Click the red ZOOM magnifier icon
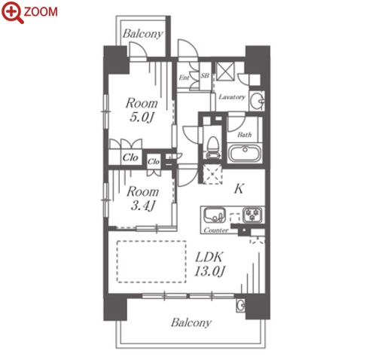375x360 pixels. [x=12, y=13]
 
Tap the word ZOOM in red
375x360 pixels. [x=41, y=12]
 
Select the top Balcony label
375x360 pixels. [x=143, y=34]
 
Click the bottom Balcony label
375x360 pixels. [x=191, y=322]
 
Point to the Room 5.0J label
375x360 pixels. [x=142, y=110]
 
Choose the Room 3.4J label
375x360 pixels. [x=143, y=198]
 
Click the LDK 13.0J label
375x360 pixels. [x=209, y=264]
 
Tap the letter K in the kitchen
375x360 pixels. [x=239, y=189]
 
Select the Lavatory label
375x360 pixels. [x=232, y=97]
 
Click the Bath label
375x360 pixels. [x=245, y=135]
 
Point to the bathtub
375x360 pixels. [x=245, y=153]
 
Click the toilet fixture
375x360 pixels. [x=213, y=148]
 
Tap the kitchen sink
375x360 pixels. [x=214, y=215]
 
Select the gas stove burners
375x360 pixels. [x=252, y=215]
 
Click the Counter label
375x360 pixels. [x=216, y=230]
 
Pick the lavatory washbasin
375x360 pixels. [x=258, y=102]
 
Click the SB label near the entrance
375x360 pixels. [x=205, y=75]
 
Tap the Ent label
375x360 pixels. [x=184, y=78]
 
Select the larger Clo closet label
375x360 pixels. [x=130, y=157]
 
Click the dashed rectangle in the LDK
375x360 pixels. [x=151, y=261]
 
